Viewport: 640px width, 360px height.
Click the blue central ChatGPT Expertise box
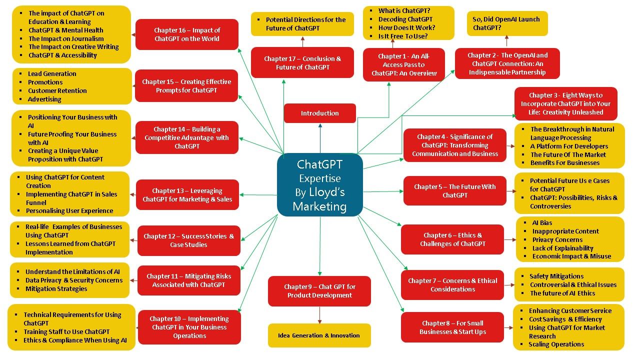(320, 184)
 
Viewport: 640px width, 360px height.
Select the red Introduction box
(319, 113)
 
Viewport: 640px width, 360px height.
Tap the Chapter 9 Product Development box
(319, 291)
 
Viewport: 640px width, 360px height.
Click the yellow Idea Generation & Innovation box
(319, 335)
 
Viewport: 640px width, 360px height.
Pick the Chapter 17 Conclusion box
(302, 62)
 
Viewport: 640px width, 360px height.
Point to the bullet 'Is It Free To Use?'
(403, 36)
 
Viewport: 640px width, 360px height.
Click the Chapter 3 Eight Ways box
(565, 103)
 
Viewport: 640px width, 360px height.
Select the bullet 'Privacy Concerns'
(557, 239)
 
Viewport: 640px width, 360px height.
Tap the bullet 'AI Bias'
(542, 222)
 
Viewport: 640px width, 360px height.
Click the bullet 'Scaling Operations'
(556, 344)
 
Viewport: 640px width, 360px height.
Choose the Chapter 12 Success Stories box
(189, 240)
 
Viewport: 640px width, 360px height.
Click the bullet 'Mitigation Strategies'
(56, 288)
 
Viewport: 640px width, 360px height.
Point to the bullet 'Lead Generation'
(52, 73)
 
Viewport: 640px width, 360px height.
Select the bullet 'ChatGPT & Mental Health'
(65, 30)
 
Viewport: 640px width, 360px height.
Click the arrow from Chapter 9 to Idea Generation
(319, 315)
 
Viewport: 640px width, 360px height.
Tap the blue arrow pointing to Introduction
(320, 138)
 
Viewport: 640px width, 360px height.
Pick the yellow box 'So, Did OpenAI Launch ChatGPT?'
(507, 23)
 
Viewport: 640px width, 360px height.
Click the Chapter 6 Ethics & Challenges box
(452, 239)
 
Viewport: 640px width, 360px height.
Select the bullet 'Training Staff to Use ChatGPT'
(66, 331)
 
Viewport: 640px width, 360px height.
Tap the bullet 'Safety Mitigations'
(556, 276)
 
